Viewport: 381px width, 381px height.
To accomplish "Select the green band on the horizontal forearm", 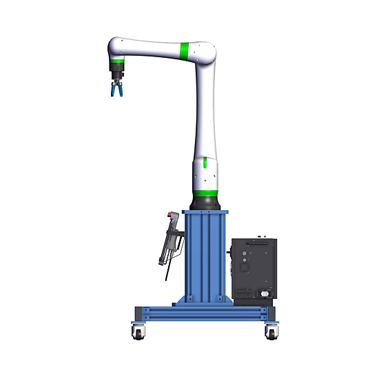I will (x=185, y=50).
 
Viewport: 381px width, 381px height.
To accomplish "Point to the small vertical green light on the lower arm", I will (x=205, y=165).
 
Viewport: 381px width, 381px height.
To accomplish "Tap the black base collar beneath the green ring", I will (x=205, y=202).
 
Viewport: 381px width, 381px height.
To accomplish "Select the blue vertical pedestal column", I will (x=205, y=255).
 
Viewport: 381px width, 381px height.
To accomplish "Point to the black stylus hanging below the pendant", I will (x=166, y=273).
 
